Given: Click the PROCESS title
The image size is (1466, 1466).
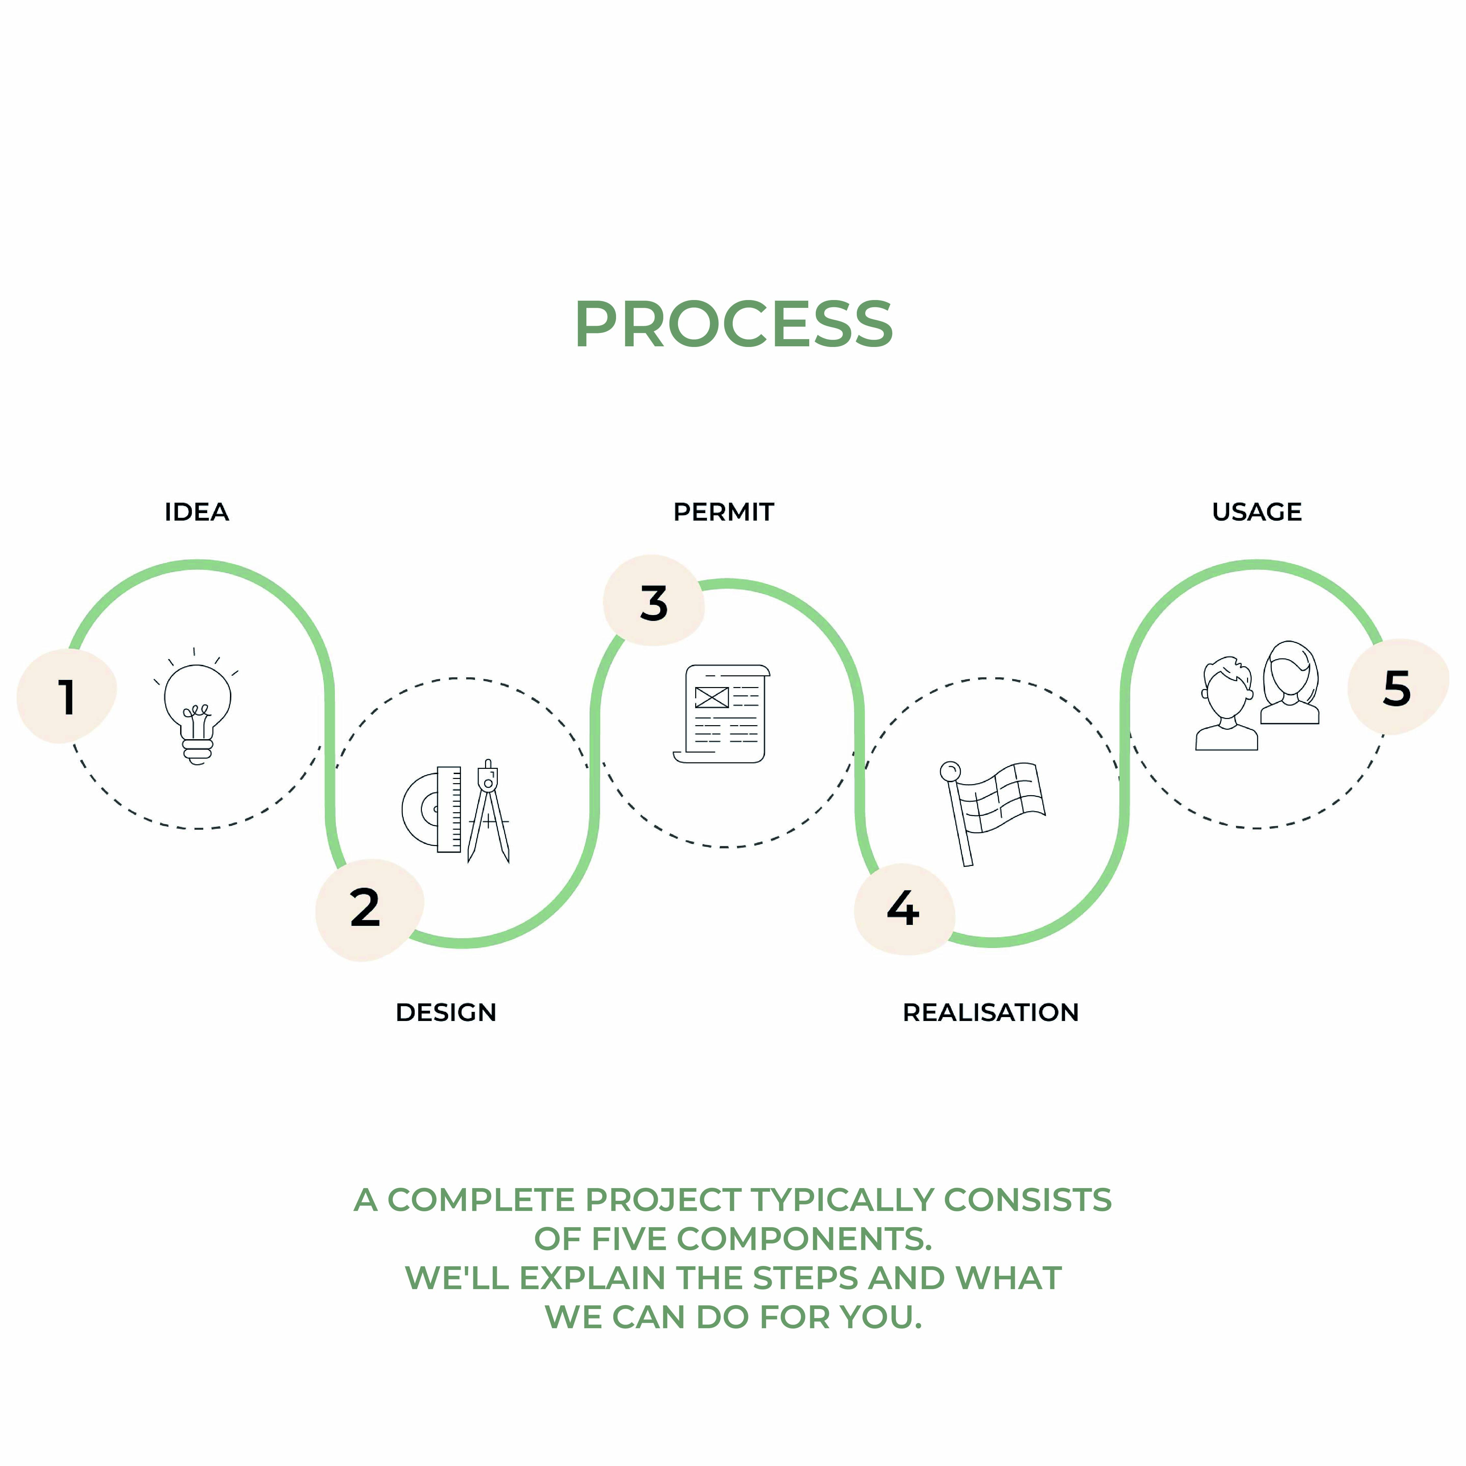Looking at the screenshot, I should [x=733, y=325].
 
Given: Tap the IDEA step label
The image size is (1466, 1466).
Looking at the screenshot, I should [x=196, y=512].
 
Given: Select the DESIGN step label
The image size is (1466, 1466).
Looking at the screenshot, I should [x=445, y=1012].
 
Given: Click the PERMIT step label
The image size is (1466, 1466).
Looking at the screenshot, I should [x=723, y=512].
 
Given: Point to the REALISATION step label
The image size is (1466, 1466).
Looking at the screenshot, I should [x=990, y=1012].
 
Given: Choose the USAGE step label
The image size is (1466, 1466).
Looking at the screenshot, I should [x=1257, y=512].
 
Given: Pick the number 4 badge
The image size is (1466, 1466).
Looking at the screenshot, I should [x=903, y=908].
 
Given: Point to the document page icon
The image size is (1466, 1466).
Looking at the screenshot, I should [x=722, y=713].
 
